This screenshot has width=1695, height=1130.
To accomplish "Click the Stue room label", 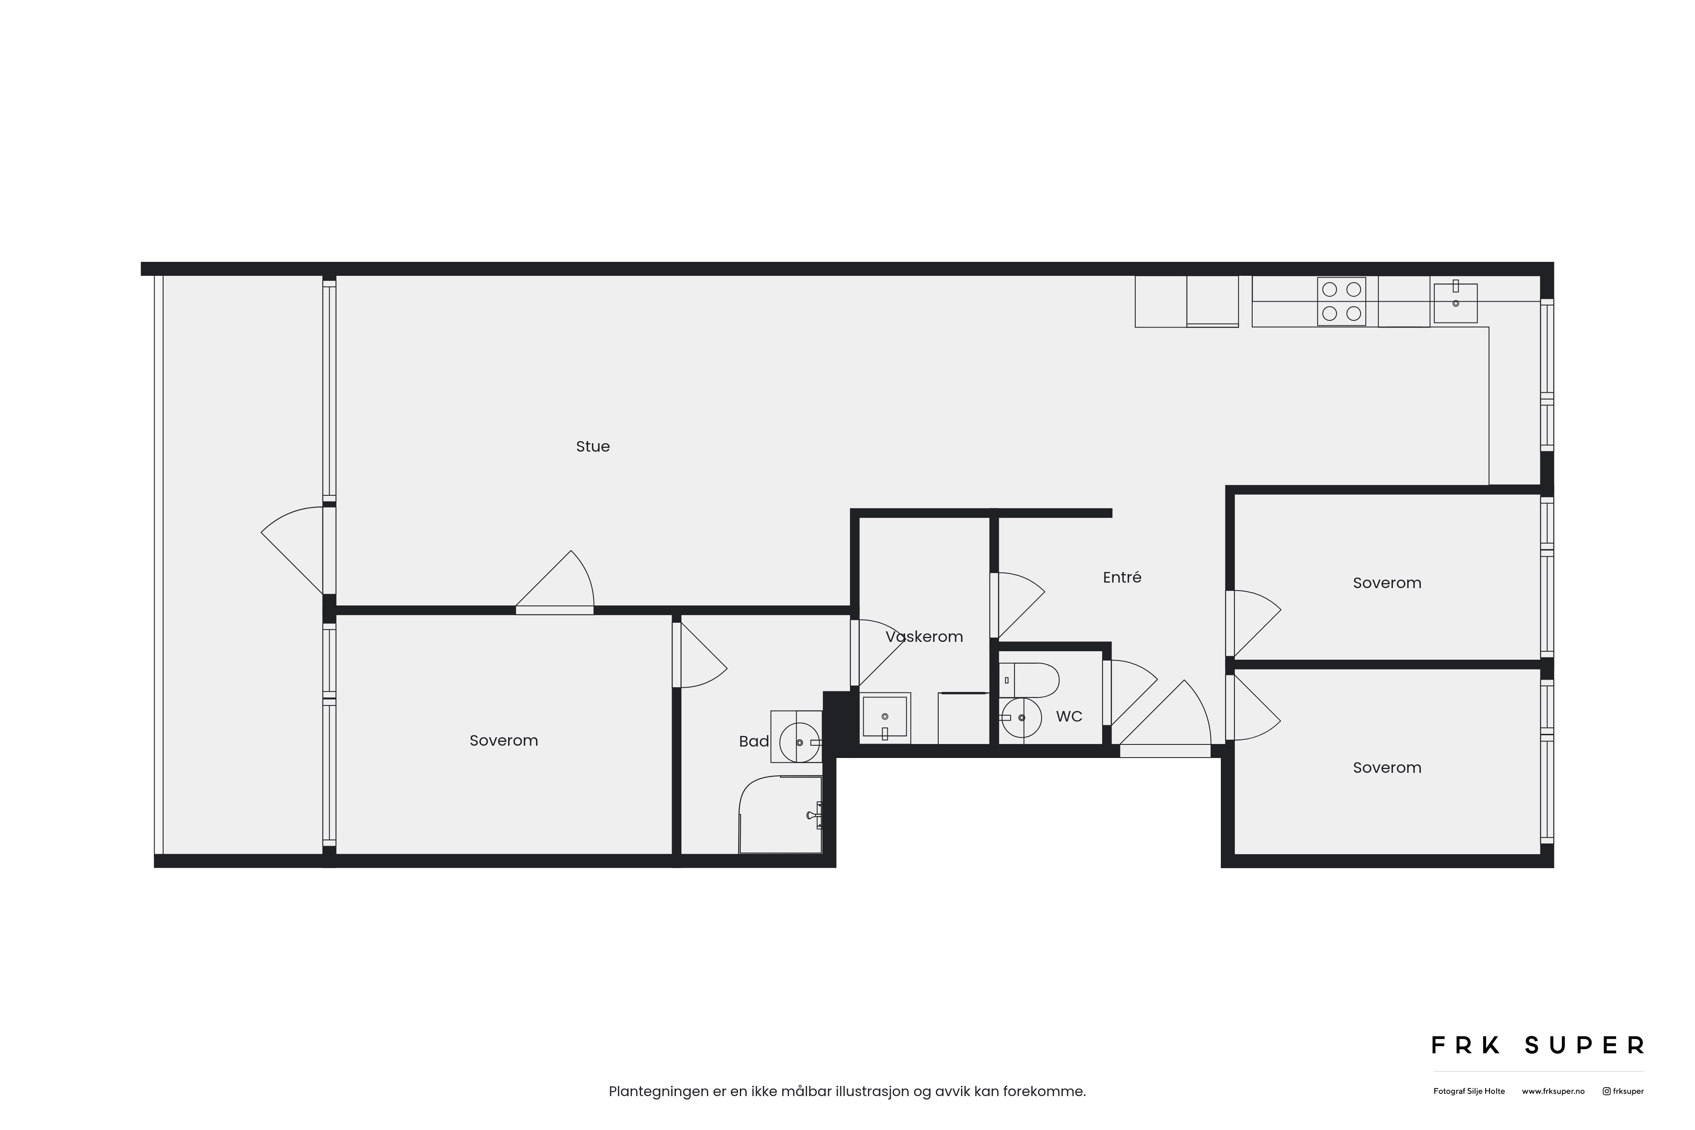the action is [592, 447].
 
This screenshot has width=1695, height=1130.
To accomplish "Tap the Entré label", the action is [1122, 577].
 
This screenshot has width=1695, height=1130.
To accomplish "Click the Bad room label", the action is [754, 741].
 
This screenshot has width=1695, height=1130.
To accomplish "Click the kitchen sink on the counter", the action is [1455, 302].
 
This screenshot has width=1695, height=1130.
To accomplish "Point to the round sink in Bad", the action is [800, 742].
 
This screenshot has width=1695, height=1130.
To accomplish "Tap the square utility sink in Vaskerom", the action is [884, 718].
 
